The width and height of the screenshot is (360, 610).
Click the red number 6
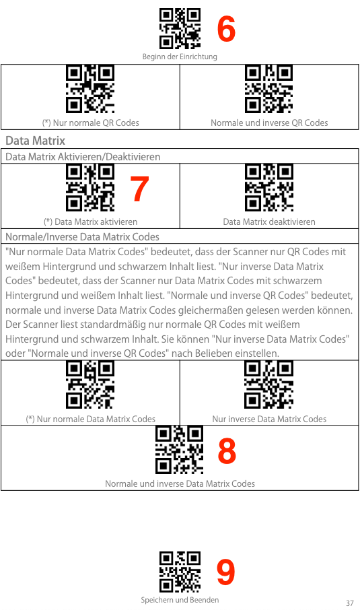[x=226, y=29]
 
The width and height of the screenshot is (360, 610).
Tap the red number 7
[x=139, y=189]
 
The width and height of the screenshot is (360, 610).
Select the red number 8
[x=227, y=450]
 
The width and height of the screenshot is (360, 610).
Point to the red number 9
[x=226, y=572]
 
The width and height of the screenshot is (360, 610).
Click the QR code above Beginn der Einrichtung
[x=180, y=29]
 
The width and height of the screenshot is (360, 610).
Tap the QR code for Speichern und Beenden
[x=180, y=572]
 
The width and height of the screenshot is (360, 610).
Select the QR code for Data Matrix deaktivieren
[x=269, y=188]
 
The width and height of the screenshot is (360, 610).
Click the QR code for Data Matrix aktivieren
[x=90, y=188]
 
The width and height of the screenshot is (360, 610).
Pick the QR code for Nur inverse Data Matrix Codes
[x=269, y=384]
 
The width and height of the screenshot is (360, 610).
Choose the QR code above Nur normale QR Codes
[x=90, y=89]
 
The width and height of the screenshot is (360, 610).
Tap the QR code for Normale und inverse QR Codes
[x=269, y=89]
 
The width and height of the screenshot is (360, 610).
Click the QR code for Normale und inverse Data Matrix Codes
[x=179, y=450]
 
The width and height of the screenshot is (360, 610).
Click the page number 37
[x=350, y=603]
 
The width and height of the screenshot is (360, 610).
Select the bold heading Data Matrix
[x=36, y=141]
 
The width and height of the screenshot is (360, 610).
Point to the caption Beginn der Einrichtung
[x=180, y=57]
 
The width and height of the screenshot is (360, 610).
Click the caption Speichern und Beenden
[x=180, y=600]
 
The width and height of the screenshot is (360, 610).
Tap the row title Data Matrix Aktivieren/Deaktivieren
[x=83, y=157]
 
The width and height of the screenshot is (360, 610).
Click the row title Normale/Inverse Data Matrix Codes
[x=82, y=236]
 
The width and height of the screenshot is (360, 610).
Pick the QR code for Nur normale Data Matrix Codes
[x=90, y=384]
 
